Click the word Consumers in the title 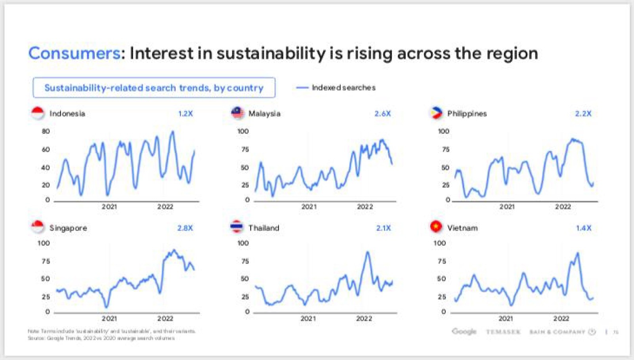point(74,53)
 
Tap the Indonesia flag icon point(38,113)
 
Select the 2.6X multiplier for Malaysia point(382,114)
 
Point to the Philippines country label point(467,114)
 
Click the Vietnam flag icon point(436,227)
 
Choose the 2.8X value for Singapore point(185,228)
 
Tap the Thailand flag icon point(237,227)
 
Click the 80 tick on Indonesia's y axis point(46,131)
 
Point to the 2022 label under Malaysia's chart point(365,207)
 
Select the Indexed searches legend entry point(343,88)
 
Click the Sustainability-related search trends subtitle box point(154,88)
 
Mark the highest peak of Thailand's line point(368,252)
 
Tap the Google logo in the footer point(464,331)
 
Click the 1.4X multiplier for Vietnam point(583,228)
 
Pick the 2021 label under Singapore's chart point(109,318)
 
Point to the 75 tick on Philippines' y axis point(445,150)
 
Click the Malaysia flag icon point(237,113)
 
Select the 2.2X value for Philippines point(583,114)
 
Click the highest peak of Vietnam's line point(577,253)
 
